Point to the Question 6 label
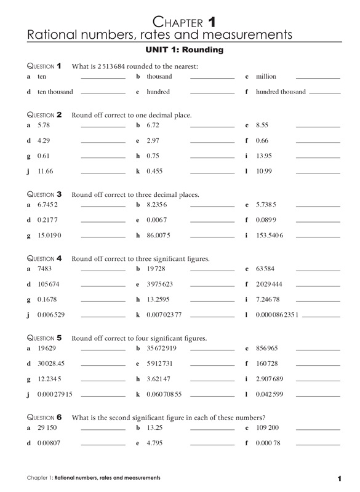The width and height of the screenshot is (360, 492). tap(45, 417)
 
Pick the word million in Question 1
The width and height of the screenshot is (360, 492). tap(266, 77)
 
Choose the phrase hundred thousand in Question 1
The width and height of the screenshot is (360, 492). tap(281, 92)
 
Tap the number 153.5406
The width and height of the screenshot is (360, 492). tap(270, 236)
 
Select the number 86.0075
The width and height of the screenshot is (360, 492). tap(158, 236)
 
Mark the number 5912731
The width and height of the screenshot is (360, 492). tap(159, 363)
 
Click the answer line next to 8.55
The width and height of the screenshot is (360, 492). tap(318, 127)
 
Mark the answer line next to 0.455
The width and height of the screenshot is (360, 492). tap(212, 173)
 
